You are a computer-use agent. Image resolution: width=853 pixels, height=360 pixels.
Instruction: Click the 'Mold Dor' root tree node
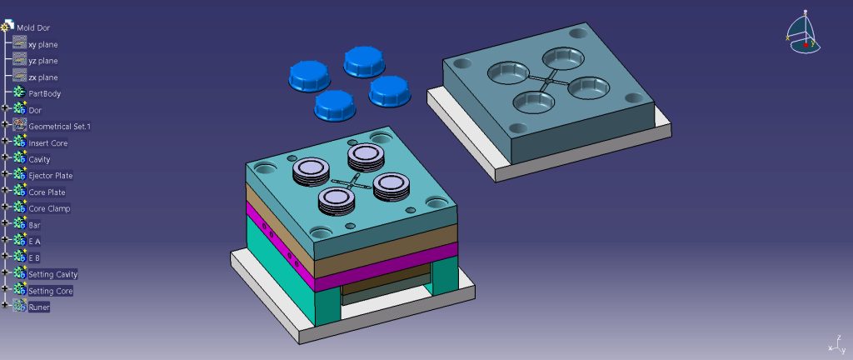click(33, 27)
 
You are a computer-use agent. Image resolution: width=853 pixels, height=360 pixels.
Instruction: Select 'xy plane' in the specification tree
click(43, 45)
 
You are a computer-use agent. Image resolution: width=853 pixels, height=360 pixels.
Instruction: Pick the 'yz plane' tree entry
click(43, 61)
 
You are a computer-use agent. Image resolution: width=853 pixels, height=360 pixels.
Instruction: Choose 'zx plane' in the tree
click(43, 77)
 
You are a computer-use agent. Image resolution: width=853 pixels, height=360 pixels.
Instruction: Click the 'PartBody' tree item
click(45, 93)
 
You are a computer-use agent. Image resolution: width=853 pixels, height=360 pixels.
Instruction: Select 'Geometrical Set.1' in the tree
click(60, 126)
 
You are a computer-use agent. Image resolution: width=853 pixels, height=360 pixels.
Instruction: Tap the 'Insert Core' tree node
click(48, 143)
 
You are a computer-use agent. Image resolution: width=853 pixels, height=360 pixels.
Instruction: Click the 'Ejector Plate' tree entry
click(51, 176)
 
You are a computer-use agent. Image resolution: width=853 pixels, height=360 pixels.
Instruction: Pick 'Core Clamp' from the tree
click(49, 208)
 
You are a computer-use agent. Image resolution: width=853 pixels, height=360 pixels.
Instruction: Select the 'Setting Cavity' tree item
click(53, 274)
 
